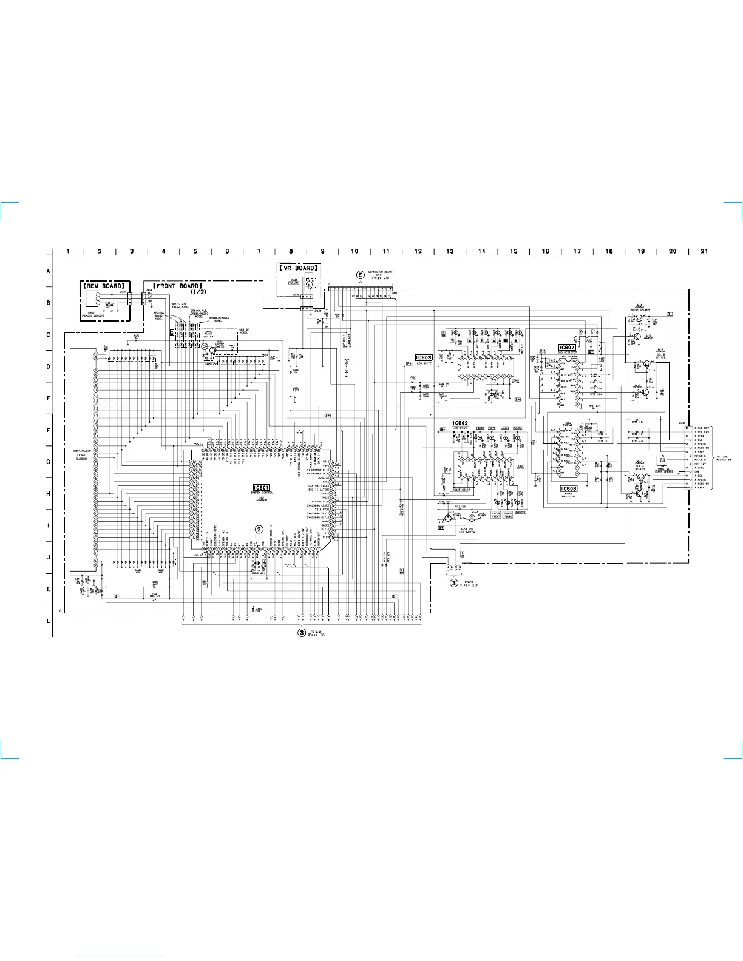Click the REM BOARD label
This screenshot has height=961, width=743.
104,285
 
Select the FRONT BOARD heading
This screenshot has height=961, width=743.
178,285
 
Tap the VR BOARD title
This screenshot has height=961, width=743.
298,268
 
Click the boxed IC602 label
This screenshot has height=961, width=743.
460,422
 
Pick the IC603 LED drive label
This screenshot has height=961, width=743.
424,358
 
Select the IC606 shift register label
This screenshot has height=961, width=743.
569,489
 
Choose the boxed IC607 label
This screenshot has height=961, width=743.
566,348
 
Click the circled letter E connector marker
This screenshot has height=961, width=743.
361,275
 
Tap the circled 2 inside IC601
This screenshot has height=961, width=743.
259,529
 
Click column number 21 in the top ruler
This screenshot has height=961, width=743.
704,251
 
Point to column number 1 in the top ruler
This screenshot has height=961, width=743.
68,251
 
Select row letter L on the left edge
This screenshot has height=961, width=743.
49,621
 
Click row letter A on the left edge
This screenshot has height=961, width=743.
49,271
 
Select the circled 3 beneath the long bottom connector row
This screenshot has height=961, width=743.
301,632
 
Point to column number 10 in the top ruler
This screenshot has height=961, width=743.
355,251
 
